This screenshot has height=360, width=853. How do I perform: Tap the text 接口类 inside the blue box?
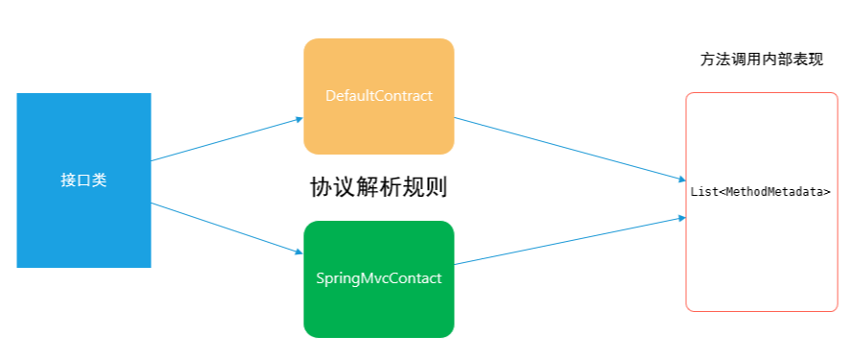click(x=83, y=180)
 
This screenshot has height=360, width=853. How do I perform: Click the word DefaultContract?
click(x=378, y=96)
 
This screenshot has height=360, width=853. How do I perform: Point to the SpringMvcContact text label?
click(x=378, y=278)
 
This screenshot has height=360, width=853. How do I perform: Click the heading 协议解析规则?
click(x=378, y=187)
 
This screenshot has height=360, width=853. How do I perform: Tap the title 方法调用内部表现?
click(x=761, y=60)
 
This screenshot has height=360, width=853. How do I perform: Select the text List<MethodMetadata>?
click(x=761, y=192)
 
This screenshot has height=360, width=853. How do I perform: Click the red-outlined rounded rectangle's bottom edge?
click(x=762, y=311)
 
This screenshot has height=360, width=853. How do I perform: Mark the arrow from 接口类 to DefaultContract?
click(x=225, y=140)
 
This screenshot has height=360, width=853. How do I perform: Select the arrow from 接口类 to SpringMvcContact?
click(x=225, y=228)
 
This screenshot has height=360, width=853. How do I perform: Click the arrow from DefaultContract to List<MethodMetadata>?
click(x=566, y=148)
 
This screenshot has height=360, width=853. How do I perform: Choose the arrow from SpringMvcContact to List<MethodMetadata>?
click(x=566, y=241)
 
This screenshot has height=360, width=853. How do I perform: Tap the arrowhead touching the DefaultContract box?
click(x=298, y=120)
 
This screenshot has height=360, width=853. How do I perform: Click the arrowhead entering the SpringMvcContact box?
click(x=298, y=252)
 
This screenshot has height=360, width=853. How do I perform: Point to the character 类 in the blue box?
click(x=99, y=180)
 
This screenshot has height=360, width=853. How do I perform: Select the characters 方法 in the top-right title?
click(x=715, y=60)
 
